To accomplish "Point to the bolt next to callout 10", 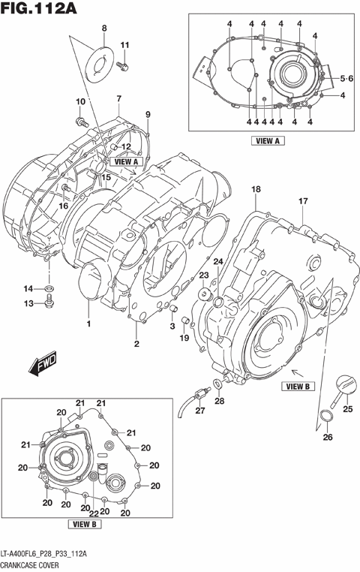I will click(80, 119).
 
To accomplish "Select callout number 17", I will click(303, 201).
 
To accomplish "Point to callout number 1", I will click(88, 324).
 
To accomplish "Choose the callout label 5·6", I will click(346, 79).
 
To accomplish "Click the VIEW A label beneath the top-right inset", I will click(268, 140).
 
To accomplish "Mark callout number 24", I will click(217, 260).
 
